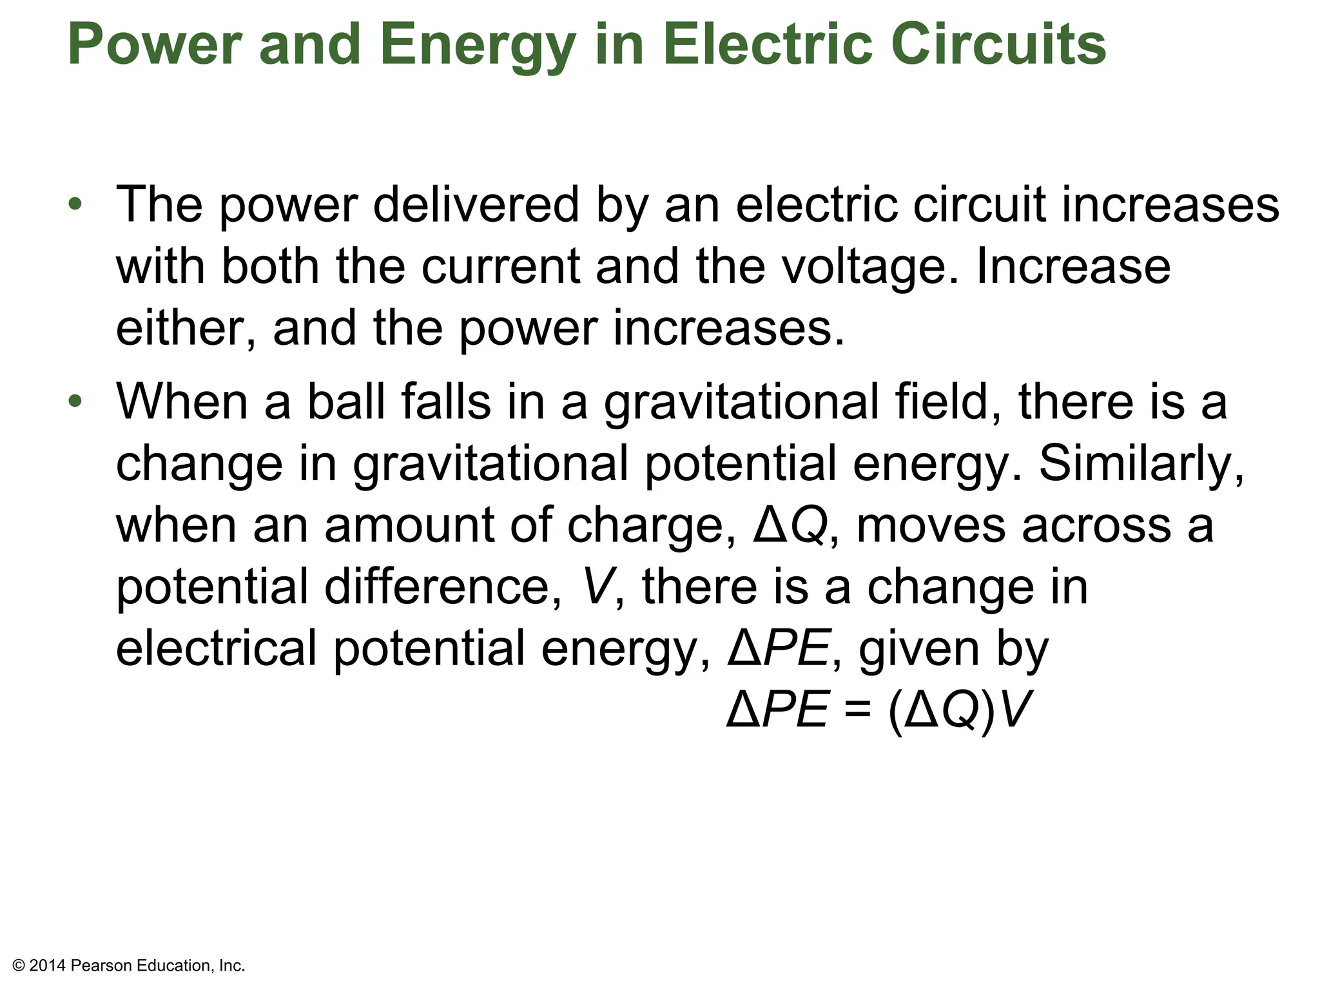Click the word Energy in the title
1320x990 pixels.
[x=477, y=45]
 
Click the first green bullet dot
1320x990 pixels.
[x=75, y=204]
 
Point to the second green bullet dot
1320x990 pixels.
[x=75, y=401]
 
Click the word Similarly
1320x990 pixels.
[x=1141, y=464]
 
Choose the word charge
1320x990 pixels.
[x=651, y=526]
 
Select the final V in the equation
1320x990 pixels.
[x=1017, y=710]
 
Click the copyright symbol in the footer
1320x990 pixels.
[x=19, y=966]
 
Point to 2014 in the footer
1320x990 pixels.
[x=48, y=966]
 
